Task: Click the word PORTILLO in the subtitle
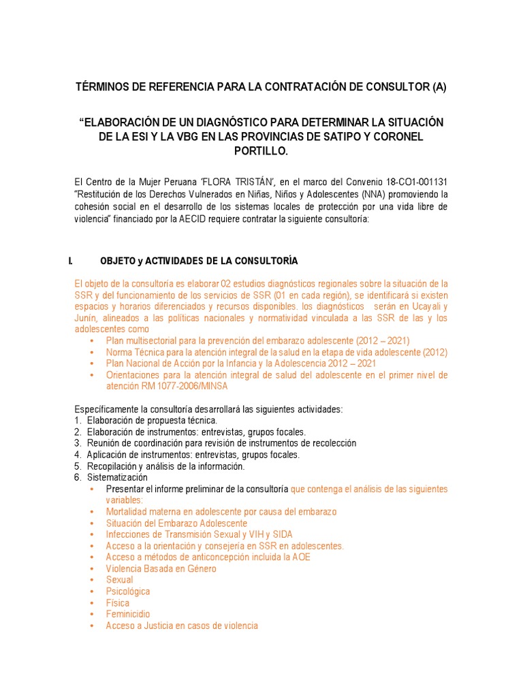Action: point(261,152)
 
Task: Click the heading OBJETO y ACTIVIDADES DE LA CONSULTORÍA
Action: point(199,261)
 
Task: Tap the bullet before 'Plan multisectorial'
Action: point(92,340)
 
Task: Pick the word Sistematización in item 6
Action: point(117,478)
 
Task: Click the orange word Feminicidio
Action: point(128,614)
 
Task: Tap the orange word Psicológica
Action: point(128,591)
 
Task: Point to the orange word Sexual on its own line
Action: point(119,580)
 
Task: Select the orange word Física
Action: point(117,603)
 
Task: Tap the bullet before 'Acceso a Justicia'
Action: point(92,626)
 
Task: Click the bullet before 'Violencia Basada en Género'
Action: point(92,568)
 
